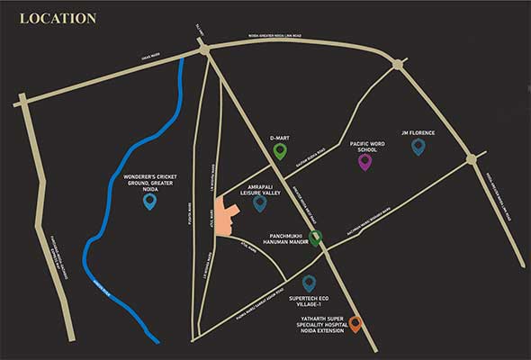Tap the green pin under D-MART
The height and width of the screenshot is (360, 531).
[280, 150]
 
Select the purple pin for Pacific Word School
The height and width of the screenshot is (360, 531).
[364, 162]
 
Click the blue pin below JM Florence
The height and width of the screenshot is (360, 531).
[418, 146]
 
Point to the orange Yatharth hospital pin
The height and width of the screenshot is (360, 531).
[355, 324]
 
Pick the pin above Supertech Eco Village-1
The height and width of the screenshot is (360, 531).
[309, 283]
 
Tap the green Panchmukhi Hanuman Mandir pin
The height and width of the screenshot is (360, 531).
[315, 238]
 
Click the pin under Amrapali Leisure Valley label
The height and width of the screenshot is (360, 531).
[260, 203]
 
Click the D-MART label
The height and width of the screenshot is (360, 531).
[280, 138]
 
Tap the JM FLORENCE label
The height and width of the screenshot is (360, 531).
[418, 133]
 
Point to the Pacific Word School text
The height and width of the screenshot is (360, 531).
[364, 146]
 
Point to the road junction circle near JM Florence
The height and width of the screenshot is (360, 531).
[470, 159]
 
